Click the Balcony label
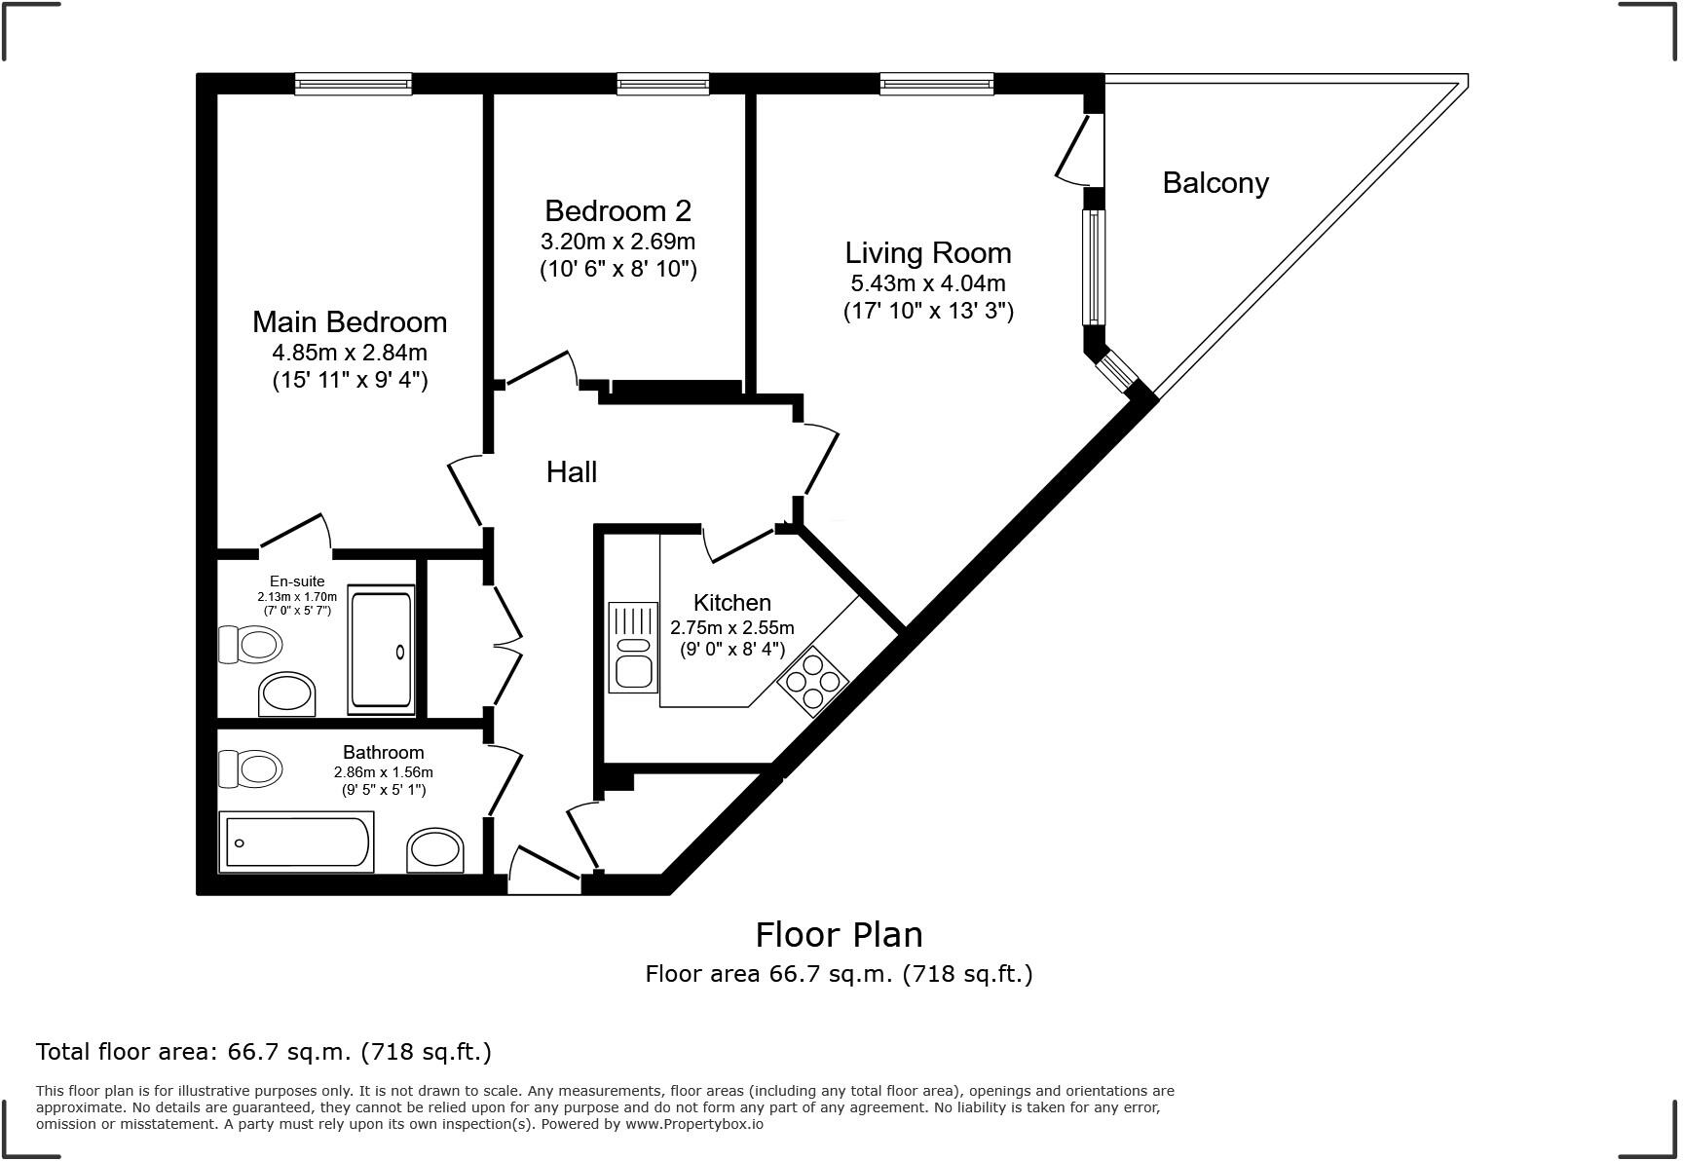pos(1215,183)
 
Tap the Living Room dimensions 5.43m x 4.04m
pos(927,283)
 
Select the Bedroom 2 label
pos(617,210)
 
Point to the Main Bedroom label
pos(350,321)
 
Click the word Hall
pos(571,472)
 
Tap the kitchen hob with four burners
pos(812,681)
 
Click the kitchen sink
pos(632,648)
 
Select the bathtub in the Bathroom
pos(297,842)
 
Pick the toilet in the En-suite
pos(250,644)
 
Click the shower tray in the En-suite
pos(381,650)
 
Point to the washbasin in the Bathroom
pos(435,850)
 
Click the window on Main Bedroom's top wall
pos(353,85)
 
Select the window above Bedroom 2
pos(662,85)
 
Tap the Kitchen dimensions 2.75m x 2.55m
pos(731,628)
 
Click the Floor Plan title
pos(839,935)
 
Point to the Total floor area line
pos(263,1052)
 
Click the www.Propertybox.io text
pos(693,1124)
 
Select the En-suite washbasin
pos(287,694)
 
